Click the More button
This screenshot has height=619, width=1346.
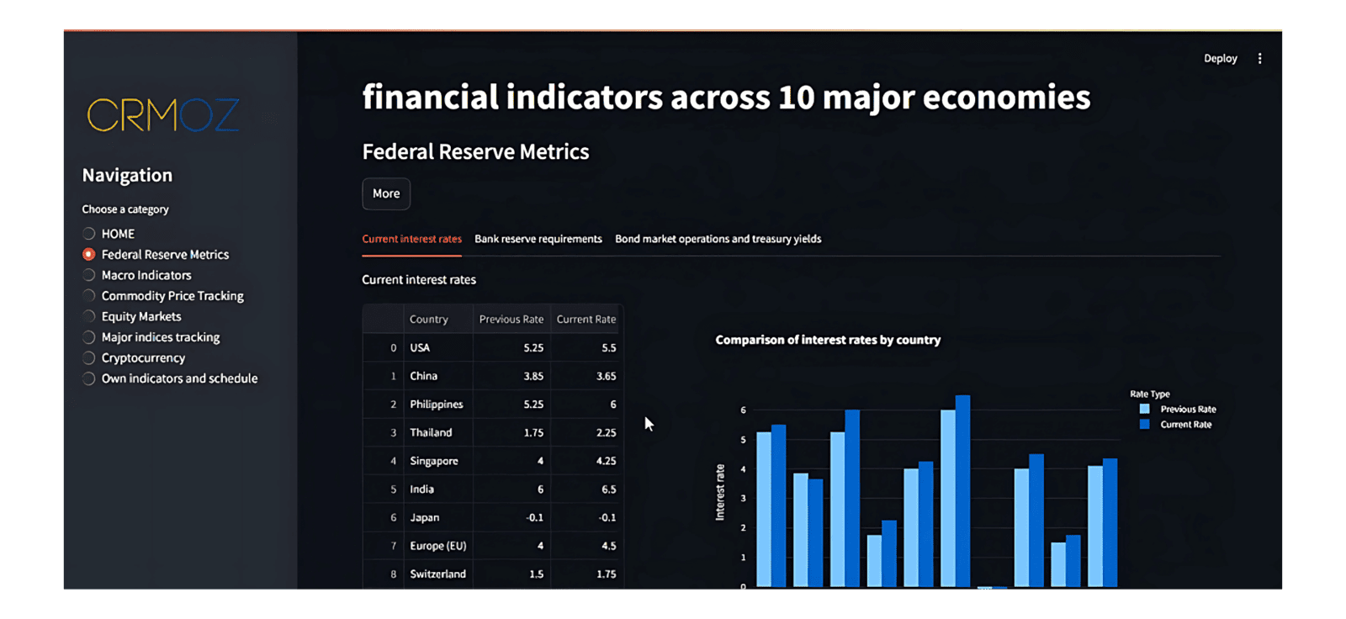pyautogui.click(x=386, y=193)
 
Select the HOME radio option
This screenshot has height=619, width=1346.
pyautogui.click(x=89, y=234)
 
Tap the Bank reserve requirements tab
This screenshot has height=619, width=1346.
pyautogui.click(x=538, y=239)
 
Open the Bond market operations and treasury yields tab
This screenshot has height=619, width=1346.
pyautogui.click(x=718, y=239)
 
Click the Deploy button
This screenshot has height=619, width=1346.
pyautogui.click(x=1220, y=59)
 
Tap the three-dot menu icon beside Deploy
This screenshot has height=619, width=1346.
pyautogui.click(x=1259, y=59)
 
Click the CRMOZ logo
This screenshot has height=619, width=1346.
pyautogui.click(x=163, y=115)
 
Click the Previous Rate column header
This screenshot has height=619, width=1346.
pyautogui.click(x=511, y=320)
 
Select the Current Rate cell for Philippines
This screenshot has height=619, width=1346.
pyautogui.click(x=586, y=405)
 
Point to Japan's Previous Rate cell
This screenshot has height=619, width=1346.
pyautogui.click(x=511, y=518)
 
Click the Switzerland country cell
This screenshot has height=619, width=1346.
pyautogui.click(x=437, y=574)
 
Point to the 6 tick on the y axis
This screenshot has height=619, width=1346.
pyautogui.click(x=743, y=410)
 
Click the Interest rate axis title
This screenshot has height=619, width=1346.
pyautogui.click(x=720, y=492)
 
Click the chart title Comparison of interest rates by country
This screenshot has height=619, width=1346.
pyautogui.click(x=828, y=340)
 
